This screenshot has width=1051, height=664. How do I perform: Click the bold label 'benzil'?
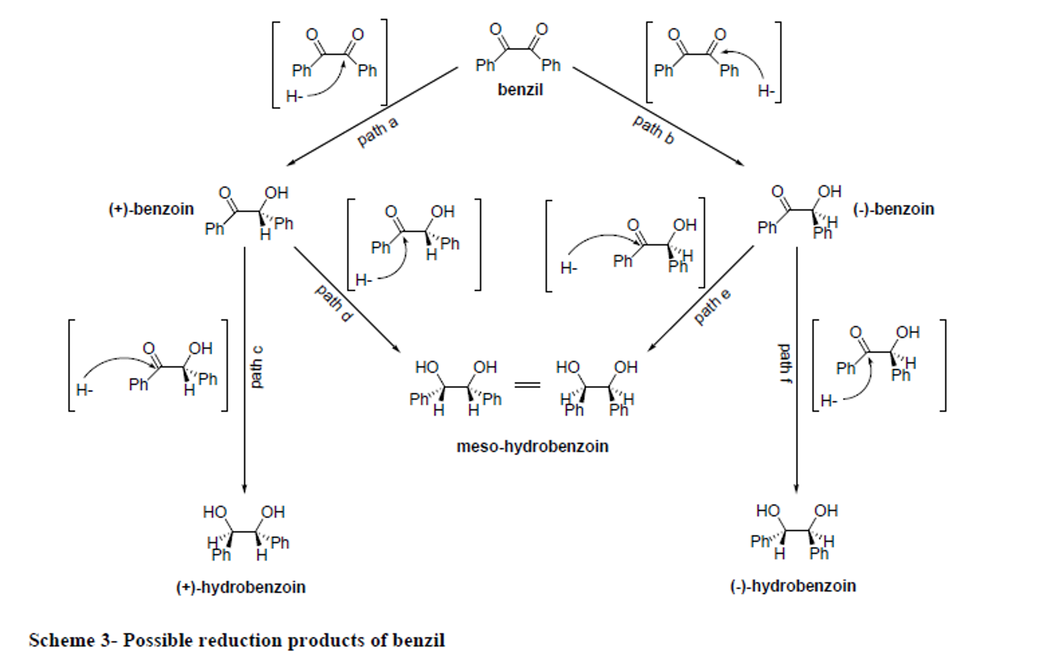coord(520,89)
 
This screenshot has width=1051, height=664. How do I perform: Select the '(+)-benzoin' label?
coord(151,209)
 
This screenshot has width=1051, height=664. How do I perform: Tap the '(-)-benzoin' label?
coord(893,209)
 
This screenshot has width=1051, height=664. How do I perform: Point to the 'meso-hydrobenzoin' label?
coord(532,446)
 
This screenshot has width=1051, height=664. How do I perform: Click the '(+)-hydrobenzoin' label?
coord(240,587)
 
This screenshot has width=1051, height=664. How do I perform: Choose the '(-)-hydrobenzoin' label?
coord(793,586)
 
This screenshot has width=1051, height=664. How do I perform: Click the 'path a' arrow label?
coord(378,132)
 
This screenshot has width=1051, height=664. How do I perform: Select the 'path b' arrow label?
coord(653,130)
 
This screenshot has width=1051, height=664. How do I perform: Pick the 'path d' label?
coord(334,303)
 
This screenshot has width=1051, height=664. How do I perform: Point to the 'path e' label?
coord(712,307)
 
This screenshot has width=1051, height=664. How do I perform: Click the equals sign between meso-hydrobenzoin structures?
coord(527,384)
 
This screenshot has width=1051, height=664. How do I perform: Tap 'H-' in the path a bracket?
coord(294,96)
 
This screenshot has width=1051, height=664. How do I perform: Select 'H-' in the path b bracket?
coord(766,91)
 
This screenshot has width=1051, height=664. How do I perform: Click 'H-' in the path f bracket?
coord(829,400)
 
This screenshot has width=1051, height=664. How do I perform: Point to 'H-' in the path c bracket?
coord(84,390)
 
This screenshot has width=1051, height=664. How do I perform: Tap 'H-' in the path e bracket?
coord(569,268)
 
